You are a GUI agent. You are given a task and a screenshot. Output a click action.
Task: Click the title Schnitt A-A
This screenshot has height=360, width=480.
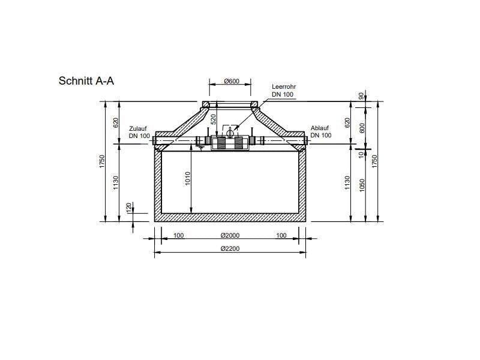point(86,81)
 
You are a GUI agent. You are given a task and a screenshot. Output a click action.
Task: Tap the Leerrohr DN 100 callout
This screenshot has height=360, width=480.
point(283,91)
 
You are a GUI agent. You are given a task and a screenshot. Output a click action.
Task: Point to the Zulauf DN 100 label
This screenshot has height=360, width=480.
point(139,132)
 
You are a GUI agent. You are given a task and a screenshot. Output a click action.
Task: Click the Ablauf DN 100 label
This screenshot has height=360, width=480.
point(321,132)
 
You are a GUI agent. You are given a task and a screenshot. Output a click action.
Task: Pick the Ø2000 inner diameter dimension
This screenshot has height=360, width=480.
point(230,235)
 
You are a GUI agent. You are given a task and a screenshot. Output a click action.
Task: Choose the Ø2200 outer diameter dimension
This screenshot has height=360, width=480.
point(230,248)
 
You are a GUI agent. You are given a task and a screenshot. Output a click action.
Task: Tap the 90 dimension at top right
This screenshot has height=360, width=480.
point(361,95)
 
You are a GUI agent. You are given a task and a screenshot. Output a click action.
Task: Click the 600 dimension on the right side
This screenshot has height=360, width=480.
point(361,128)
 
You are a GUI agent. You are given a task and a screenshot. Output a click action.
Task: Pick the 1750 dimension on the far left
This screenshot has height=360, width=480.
point(103,161)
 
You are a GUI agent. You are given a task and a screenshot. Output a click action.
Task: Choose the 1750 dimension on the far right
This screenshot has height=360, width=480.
point(375,161)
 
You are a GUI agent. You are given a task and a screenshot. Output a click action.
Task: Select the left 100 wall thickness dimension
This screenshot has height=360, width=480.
point(179,235)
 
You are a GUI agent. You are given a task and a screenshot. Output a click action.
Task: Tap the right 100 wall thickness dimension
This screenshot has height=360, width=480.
point(281,235)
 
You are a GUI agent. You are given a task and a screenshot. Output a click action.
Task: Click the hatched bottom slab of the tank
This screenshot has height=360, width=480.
point(230,217)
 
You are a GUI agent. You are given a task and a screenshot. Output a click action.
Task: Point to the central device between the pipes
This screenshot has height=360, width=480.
point(230,143)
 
